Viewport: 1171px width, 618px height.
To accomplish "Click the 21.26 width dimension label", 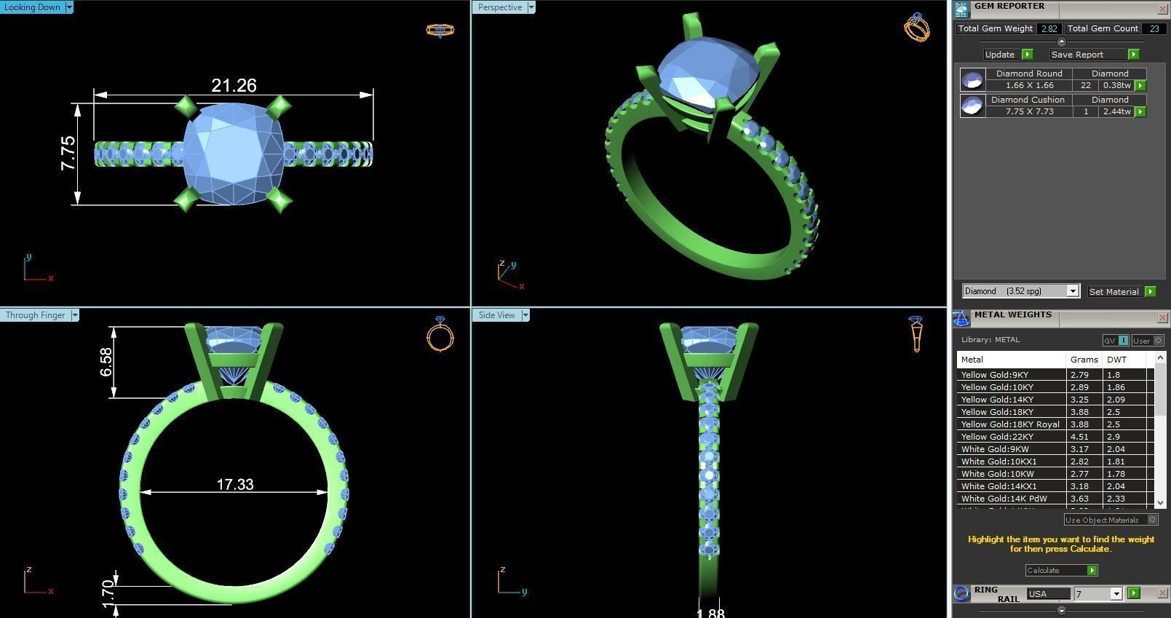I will point(234,85).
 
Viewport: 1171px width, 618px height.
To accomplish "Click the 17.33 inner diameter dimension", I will point(234,484).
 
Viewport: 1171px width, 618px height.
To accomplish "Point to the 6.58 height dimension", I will point(106,362).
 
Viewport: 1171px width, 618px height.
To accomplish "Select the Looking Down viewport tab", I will point(32,7).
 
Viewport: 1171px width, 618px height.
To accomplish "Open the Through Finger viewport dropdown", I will point(74,315).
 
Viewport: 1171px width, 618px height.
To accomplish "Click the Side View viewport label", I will point(496,315).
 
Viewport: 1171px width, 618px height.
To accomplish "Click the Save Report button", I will point(1077,55).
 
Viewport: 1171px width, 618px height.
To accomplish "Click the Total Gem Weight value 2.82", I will point(1049,28).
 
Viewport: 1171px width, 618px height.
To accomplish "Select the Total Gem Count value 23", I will point(1154,28).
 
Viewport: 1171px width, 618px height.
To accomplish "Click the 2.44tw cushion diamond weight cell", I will point(1116,111).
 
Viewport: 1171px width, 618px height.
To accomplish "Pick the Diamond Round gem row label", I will point(1028,74).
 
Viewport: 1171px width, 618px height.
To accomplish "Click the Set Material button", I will point(1114,291).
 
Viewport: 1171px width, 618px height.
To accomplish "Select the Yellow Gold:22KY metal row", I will point(997,437).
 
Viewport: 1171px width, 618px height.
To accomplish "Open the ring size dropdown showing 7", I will point(1116,594).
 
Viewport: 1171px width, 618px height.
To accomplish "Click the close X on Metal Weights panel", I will point(1162,317).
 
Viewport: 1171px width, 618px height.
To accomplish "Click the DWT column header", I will point(1116,360).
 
